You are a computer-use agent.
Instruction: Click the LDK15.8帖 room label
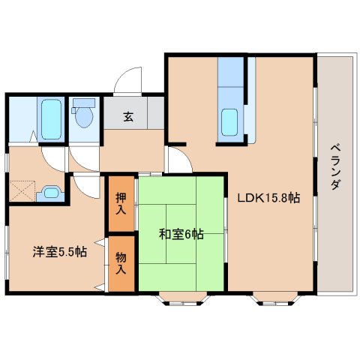[268, 198]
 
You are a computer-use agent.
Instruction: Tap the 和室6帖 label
[181, 234]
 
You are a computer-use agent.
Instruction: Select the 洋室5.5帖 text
[60, 252]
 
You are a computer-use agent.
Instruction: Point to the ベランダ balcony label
[335, 167]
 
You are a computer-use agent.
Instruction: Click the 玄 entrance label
[128, 117]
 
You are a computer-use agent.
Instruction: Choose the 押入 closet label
[121, 204]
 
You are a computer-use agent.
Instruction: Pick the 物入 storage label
[121, 263]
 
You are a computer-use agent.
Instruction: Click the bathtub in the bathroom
[51, 119]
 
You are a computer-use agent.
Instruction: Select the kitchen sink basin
[229, 122]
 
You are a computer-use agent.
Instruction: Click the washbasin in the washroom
[51, 193]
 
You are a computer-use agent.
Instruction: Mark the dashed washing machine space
[22, 190]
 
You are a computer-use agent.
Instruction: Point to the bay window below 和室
[184, 298]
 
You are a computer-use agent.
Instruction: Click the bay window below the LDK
[275, 298]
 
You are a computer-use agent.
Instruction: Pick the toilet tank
[84, 103]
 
